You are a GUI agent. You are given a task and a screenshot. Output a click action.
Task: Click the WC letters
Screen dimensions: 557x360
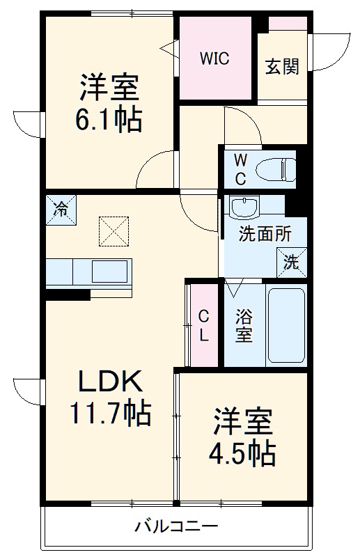pyautogui.click(x=240, y=169)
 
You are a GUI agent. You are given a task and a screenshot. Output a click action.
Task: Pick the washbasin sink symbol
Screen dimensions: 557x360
pyautogui.click(x=244, y=207)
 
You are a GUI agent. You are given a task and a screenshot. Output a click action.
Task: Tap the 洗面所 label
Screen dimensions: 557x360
pyautogui.click(x=265, y=234)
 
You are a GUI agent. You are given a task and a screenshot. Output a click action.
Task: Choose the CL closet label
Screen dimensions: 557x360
pyautogui.click(x=203, y=324)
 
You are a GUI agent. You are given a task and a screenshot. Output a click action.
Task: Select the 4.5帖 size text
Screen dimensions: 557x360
pyautogui.click(x=242, y=455)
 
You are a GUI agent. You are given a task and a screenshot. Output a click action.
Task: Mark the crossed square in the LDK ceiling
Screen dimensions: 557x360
pyautogui.click(x=114, y=230)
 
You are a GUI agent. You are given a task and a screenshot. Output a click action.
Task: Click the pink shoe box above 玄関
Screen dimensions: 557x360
pyautogui.click(x=288, y=24)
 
